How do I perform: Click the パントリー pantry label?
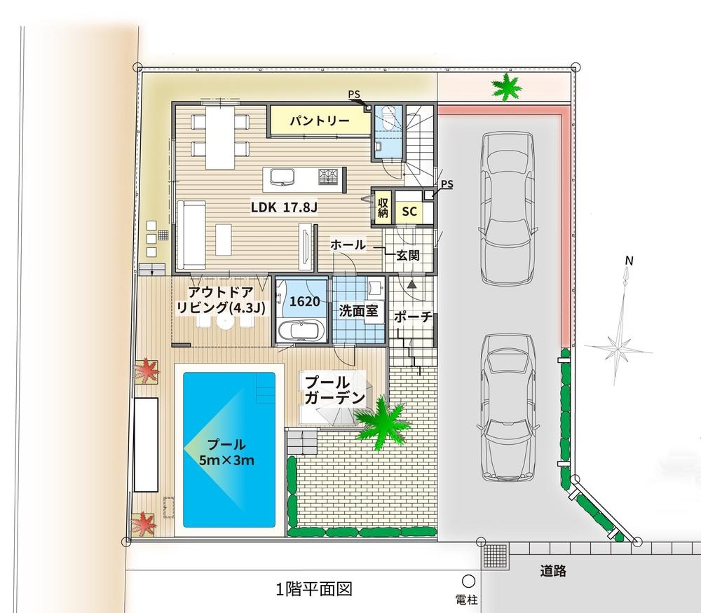[x=319, y=121]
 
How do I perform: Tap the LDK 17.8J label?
[x=284, y=207]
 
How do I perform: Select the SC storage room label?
[x=409, y=212]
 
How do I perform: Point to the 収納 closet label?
[x=383, y=207]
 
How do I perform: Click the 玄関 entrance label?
[x=408, y=256]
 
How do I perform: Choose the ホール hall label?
[x=348, y=244]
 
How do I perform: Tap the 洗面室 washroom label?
[x=358, y=310]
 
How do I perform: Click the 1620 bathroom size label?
[x=304, y=301]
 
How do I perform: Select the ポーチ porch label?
[x=413, y=317]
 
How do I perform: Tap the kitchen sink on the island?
[x=283, y=177]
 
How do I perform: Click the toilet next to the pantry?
[x=387, y=118]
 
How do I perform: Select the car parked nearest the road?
[x=508, y=408]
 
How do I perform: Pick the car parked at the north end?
[x=508, y=208]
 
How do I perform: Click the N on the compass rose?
[x=629, y=261]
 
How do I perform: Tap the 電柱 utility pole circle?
[x=468, y=581]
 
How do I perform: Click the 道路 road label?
[x=553, y=570]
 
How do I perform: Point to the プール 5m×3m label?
[x=227, y=452]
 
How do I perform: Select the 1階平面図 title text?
[x=314, y=589]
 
